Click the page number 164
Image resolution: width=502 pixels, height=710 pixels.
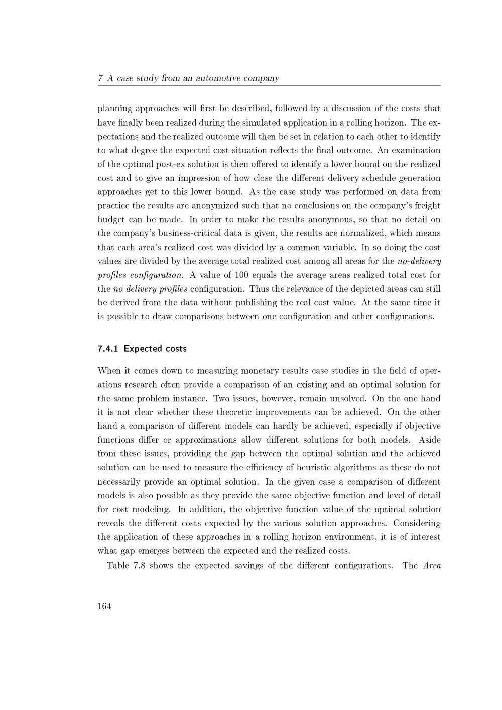104,606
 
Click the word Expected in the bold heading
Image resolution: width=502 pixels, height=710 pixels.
141,349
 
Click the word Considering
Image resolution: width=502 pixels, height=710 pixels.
417,523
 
